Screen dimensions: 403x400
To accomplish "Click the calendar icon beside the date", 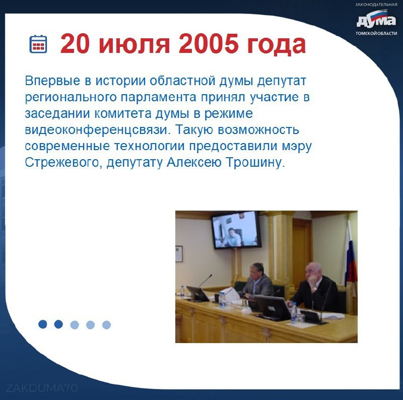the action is tap(38, 44).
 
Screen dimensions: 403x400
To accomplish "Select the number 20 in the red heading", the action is tap(75, 44).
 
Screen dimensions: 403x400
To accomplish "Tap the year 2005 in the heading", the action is tap(207, 44).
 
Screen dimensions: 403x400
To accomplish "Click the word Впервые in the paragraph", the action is tap(52, 81).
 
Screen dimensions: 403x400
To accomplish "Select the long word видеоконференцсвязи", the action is tap(98, 130).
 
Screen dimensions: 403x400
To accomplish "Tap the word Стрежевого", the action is tap(62, 162).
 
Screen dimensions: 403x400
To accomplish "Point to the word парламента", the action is tap(159, 98).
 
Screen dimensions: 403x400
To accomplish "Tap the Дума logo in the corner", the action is tap(376, 21).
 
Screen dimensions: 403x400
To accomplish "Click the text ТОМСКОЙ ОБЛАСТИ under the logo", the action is tap(376, 33).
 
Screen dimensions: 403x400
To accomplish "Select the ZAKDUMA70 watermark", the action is tap(41, 388).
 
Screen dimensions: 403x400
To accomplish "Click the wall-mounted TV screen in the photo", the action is tap(236, 230).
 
